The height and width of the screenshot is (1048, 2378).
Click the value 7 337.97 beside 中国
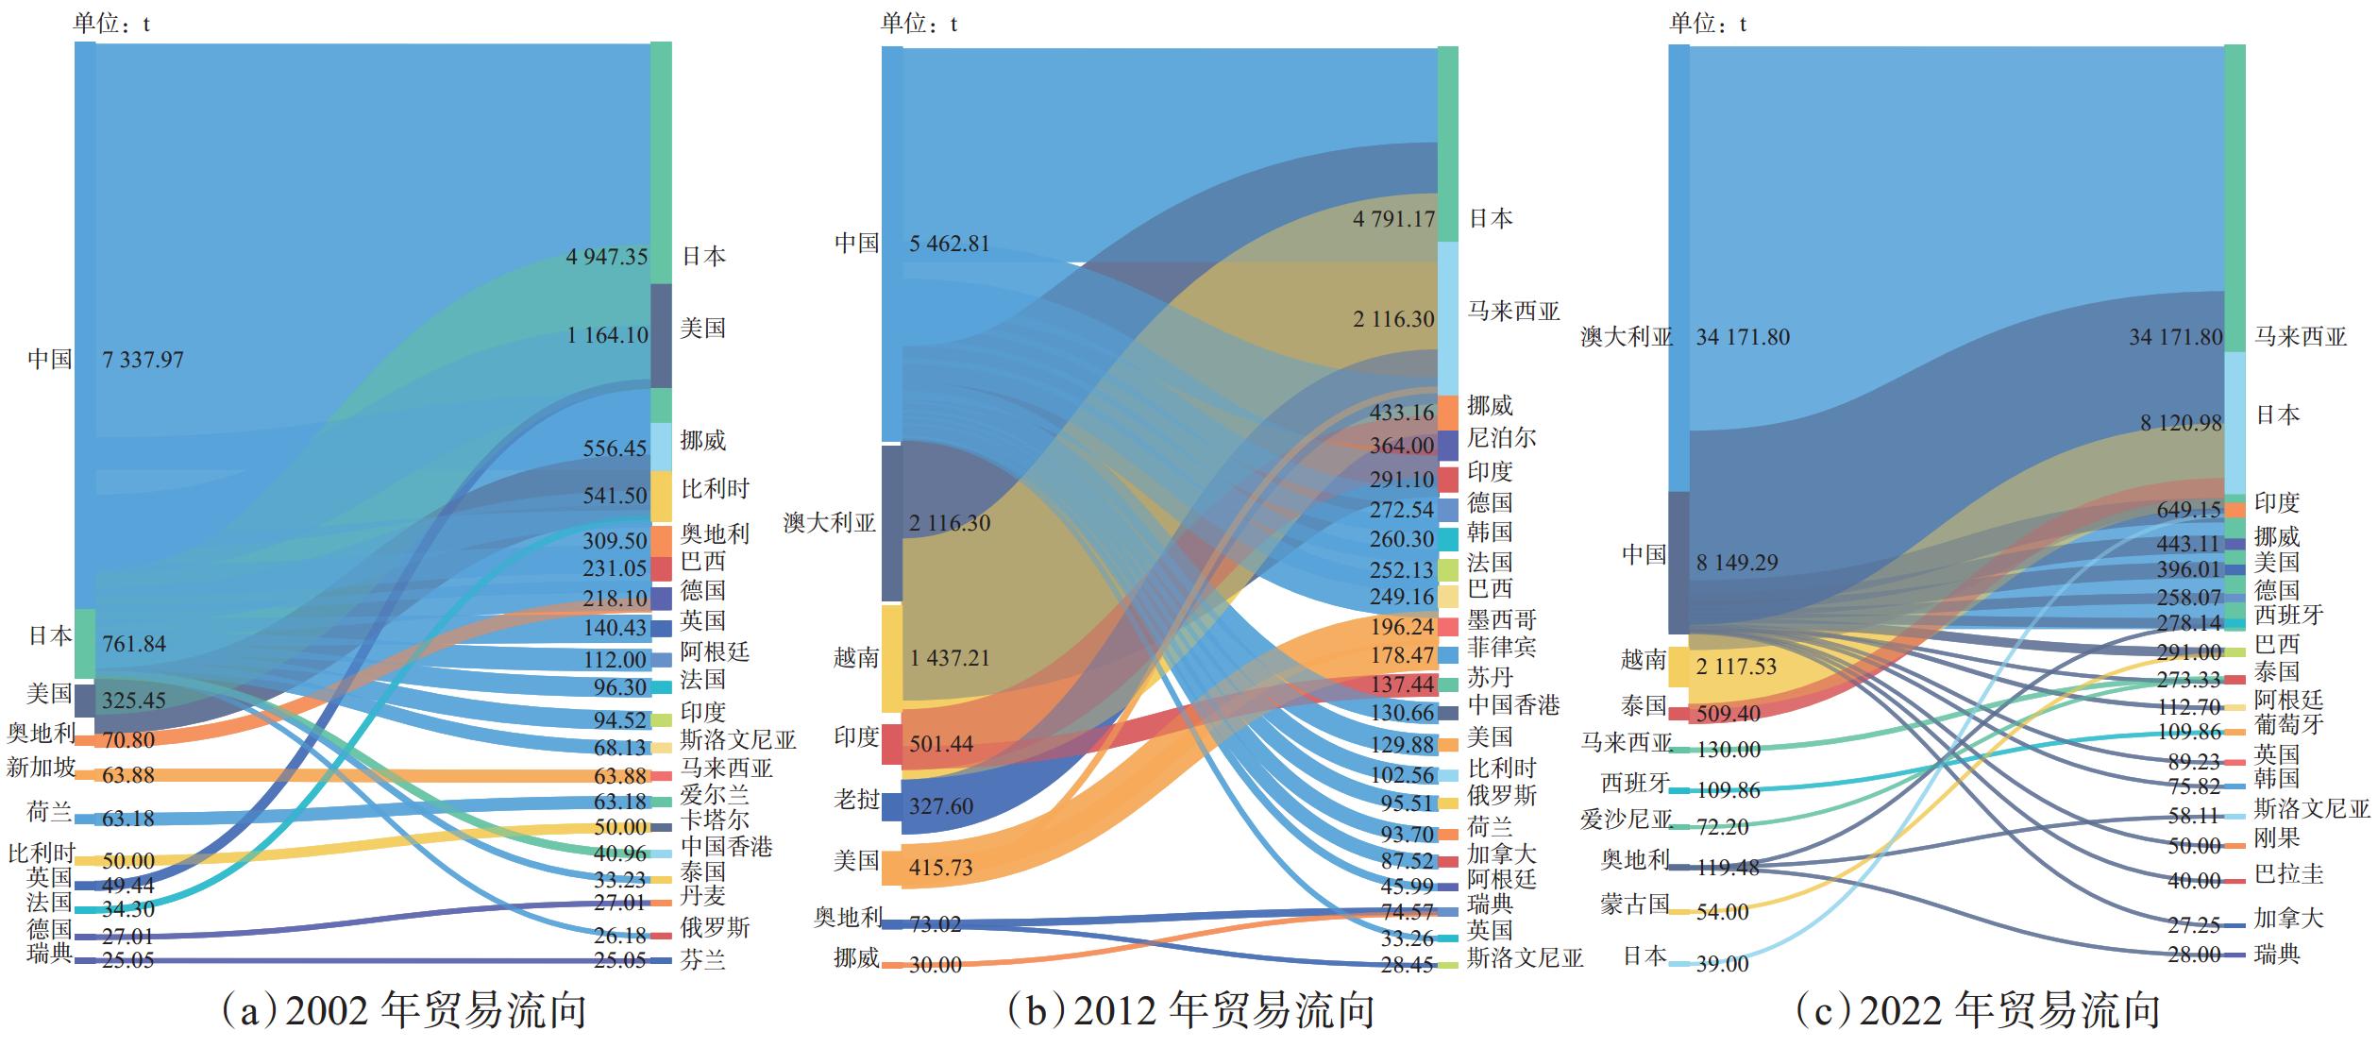pos(143,360)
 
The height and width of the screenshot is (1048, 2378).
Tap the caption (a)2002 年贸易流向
pos(403,1011)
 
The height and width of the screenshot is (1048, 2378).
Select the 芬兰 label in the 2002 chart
pos(703,961)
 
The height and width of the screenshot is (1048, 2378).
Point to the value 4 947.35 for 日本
pos(607,257)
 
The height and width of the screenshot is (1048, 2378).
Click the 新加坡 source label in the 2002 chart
pos(41,768)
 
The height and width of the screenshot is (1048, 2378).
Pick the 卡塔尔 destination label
pos(715,819)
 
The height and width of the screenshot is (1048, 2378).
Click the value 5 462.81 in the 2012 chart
pos(950,244)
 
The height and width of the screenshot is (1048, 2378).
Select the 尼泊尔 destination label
pos(1501,438)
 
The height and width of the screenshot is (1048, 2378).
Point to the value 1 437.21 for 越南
pos(950,658)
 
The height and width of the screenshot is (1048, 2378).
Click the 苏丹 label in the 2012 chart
pos(1490,677)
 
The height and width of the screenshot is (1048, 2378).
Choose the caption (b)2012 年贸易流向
pos(1191,1011)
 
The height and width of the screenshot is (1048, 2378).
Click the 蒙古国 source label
pos(1635,904)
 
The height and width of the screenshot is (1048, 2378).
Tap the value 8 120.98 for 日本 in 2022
pos(2181,423)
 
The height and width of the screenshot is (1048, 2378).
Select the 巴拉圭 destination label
pos(2288,873)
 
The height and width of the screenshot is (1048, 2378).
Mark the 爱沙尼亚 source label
pos(1626,819)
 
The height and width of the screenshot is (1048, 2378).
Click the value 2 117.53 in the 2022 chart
pos(1735,667)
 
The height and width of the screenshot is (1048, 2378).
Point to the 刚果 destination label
pos(2277,837)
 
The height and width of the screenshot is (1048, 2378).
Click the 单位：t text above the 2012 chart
pos(919,24)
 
